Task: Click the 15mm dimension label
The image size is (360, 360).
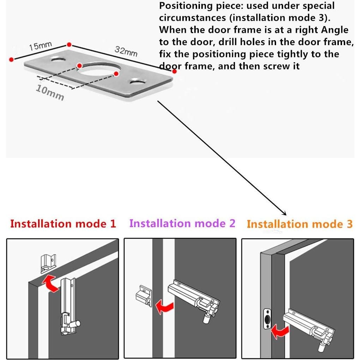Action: [40, 46]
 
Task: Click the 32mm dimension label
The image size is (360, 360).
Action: [126, 51]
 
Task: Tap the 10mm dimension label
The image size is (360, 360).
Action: [50, 92]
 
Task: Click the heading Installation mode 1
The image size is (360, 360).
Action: [63, 224]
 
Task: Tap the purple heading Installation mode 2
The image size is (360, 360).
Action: [182, 223]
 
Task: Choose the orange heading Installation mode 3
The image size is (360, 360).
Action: [299, 224]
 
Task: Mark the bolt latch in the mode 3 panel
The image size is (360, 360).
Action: [310, 328]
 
